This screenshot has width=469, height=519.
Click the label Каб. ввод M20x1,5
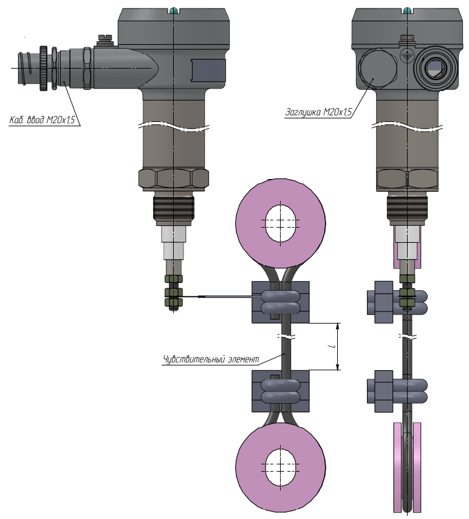42,120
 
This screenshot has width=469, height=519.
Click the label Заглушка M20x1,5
318,112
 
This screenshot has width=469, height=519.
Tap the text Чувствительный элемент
211,359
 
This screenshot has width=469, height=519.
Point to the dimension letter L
333,347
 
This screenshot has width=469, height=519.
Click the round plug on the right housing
378,69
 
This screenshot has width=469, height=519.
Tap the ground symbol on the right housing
406,56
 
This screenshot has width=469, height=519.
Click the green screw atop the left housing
173,10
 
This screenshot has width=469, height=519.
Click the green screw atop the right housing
406,10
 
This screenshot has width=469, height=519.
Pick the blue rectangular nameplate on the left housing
208,70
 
